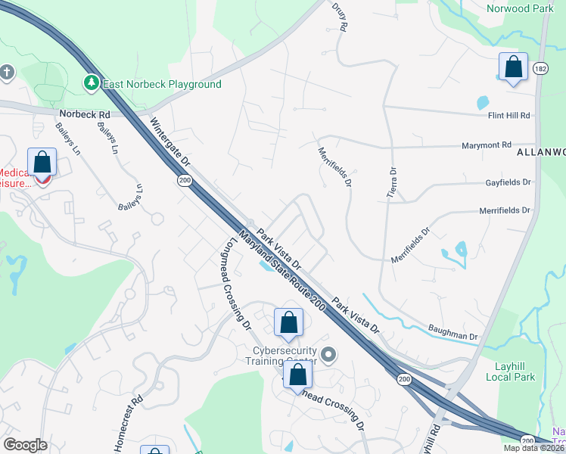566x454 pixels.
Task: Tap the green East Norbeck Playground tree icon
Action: (92, 82)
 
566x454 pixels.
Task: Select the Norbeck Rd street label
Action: (84, 115)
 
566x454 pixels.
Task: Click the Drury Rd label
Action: (339, 15)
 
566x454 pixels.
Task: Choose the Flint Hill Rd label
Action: (510, 115)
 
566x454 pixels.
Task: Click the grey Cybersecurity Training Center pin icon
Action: (328, 354)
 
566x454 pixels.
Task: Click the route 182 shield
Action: (541, 69)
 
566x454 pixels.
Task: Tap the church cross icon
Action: (8, 73)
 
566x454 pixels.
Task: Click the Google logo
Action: (26, 445)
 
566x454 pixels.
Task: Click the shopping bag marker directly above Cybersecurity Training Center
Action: (288, 323)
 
